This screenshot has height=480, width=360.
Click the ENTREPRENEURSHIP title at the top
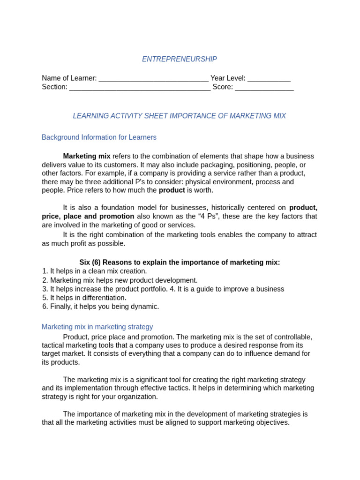coord(180,59)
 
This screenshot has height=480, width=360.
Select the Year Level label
coord(228,78)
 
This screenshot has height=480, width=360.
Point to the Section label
coord(54,87)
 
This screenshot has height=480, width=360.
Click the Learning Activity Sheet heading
coord(179,116)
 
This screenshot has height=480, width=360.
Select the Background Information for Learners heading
coord(99,137)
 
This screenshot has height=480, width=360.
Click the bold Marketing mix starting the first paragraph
coord(87,156)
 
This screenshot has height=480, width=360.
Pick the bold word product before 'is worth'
coord(172,190)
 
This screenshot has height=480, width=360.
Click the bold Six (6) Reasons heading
coord(180,262)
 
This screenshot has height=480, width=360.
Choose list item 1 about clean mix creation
coord(94,271)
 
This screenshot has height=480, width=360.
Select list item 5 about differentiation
coord(84,298)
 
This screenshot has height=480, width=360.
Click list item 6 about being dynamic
coord(100,307)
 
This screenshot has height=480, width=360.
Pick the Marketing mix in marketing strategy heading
coord(97,327)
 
